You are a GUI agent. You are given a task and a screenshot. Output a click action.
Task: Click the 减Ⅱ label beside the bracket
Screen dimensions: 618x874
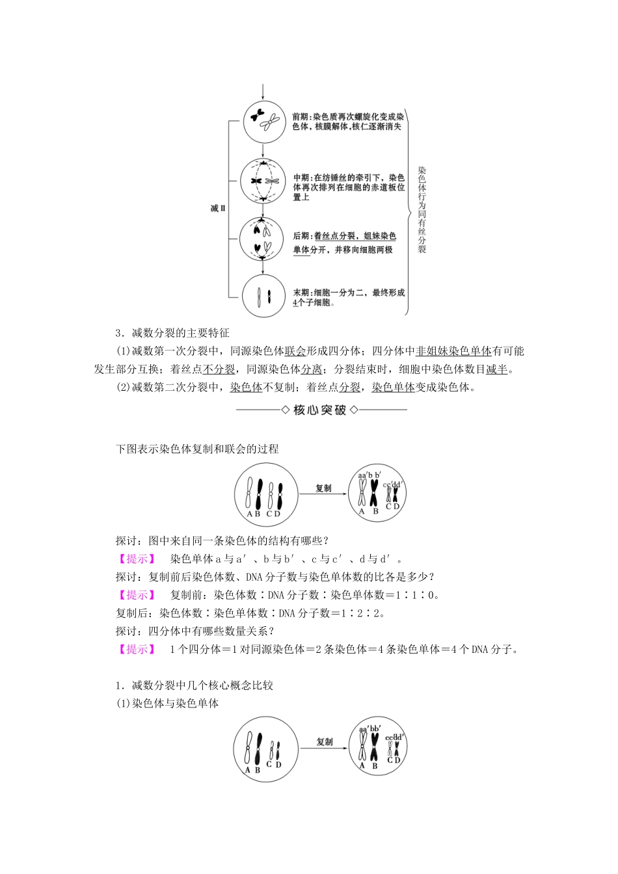pyautogui.click(x=217, y=209)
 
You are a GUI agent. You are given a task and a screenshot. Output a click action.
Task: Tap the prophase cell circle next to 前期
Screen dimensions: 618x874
pyautogui.click(x=262, y=120)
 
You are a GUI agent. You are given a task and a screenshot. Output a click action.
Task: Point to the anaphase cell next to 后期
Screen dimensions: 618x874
pyautogui.click(x=262, y=239)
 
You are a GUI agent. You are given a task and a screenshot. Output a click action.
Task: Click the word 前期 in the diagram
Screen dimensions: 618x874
pyautogui.click(x=301, y=117)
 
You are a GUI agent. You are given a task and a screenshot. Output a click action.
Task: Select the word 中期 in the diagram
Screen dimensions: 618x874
pyautogui.click(x=301, y=177)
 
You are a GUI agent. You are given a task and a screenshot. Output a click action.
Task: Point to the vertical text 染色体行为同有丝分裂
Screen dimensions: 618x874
pyautogui.click(x=422, y=209)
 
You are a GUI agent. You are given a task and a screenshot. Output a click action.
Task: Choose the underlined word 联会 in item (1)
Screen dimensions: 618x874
pyautogui.click(x=295, y=352)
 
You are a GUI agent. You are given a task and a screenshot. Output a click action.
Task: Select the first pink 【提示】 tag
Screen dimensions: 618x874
pyautogui.click(x=136, y=559)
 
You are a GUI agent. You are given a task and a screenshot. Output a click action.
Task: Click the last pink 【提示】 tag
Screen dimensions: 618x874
pyautogui.click(x=136, y=650)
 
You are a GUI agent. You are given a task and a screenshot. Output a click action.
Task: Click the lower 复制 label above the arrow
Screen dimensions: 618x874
pyautogui.click(x=325, y=742)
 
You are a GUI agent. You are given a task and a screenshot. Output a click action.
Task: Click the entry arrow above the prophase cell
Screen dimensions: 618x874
pyautogui.click(x=262, y=90)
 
